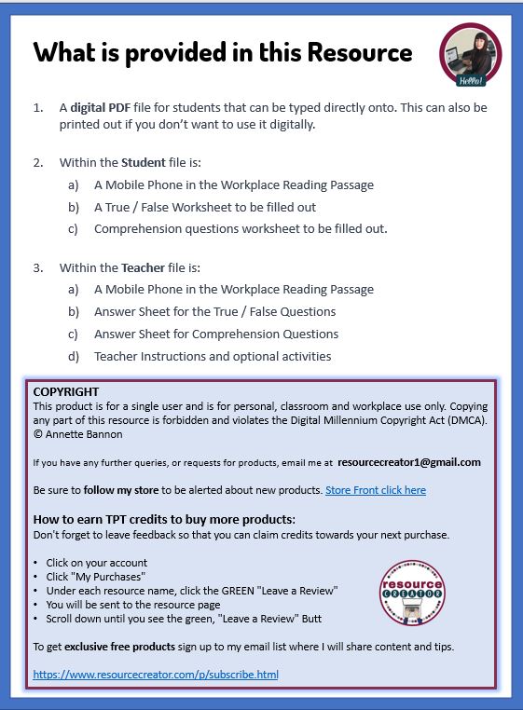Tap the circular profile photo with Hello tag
pyautogui.click(x=470, y=55)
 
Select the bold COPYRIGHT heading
pyautogui.click(x=65, y=392)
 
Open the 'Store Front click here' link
pyautogui.click(x=375, y=490)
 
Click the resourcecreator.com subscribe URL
pyautogui.click(x=155, y=674)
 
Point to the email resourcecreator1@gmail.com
pyautogui.click(x=409, y=462)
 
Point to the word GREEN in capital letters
pyautogui.click(x=258, y=591)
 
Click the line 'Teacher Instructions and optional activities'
pyautogui.click(x=213, y=356)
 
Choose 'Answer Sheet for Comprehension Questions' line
pyautogui.click(x=216, y=334)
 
